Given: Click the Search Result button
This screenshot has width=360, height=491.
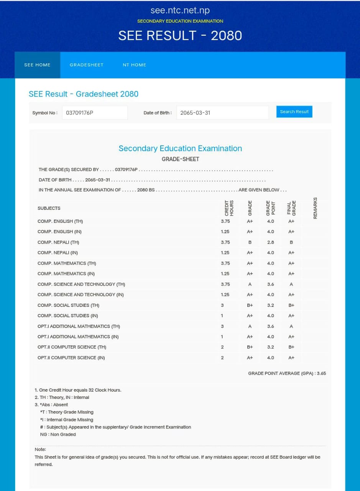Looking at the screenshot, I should click(294, 112).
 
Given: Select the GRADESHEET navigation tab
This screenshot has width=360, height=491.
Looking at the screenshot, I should click(86, 65).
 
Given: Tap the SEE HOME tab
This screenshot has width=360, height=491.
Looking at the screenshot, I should click(37, 65).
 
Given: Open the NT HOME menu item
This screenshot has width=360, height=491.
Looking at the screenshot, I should click(134, 65).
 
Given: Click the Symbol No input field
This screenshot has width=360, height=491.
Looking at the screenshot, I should click(95, 113).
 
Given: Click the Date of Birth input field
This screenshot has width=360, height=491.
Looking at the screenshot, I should click(222, 113).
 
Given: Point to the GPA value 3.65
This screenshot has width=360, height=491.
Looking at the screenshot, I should click(321, 373).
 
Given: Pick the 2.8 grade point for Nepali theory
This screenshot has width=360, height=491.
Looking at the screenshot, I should click(270, 242).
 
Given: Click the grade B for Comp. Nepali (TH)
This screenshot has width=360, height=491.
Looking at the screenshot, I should click(250, 242).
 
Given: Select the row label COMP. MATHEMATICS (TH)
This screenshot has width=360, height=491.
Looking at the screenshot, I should click(67, 263).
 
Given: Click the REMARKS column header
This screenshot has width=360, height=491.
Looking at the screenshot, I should click(315, 208).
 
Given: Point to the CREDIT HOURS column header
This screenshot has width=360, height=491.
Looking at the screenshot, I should click(229, 208).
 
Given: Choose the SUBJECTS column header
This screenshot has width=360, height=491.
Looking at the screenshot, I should click(49, 208).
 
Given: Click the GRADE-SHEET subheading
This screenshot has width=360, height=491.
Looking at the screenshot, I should click(180, 159).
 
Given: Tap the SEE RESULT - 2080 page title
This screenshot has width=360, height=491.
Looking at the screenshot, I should click(180, 36).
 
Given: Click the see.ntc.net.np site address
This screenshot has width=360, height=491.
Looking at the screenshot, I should click(180, 10).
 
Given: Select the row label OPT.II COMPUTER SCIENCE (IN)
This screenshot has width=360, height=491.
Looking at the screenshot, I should click(71, 358).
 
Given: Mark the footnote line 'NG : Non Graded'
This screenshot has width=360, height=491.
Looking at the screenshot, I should click(58, 434).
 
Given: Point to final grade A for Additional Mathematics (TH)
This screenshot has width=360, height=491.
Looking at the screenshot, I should click(291, 326).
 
